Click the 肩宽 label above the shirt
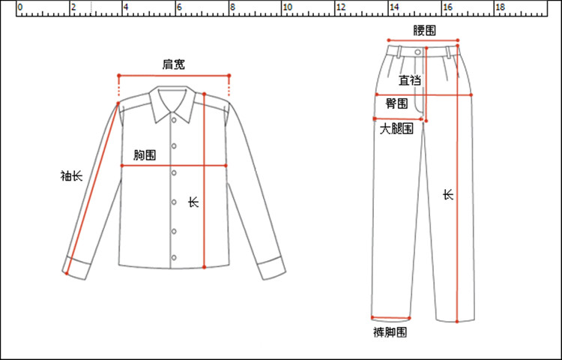tap(174, 64)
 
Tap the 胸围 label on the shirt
tap(145, 155)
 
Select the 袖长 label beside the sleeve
tap(71, 176)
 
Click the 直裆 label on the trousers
tap(409, 80)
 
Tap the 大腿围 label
tap(396, 129)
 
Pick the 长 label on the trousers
tap(447, 194)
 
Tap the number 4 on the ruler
tap(125, 7)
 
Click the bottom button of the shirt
tap(174, 259)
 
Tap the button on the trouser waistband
tap(417, 51)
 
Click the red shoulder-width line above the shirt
tap(174, 75)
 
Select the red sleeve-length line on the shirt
tap(93, 187)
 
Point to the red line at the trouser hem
tap(392, 317)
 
